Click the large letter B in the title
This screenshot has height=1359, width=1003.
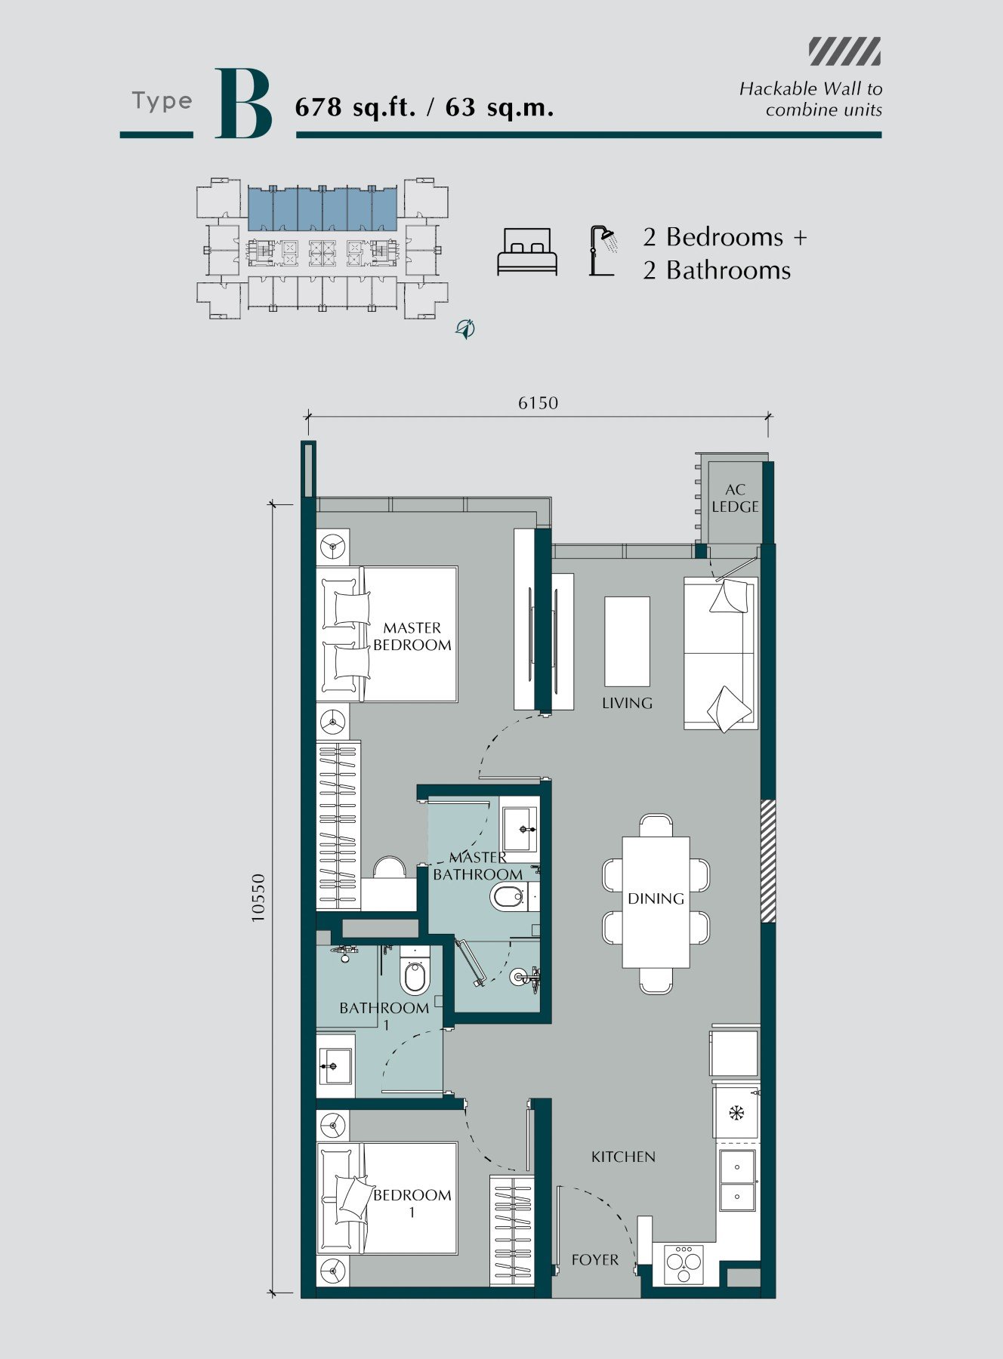(243, 103)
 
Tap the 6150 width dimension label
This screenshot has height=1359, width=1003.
(538, 403)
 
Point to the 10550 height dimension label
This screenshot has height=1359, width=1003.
(258, 898)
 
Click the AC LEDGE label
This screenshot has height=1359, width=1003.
(735, 498)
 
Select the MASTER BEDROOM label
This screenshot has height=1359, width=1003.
(412, 636)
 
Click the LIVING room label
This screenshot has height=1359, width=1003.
(627, 703)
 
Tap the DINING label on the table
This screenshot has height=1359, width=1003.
(656, 898)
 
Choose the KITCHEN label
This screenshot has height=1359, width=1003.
(623, 1157)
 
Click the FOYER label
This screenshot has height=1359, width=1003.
(595, 1259)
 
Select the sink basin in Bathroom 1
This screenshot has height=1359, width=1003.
(333, 1066)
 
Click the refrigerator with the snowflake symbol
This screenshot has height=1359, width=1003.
(736, 1113)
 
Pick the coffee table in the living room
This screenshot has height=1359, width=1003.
(627, 642)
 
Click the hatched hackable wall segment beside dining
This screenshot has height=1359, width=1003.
(767, 861)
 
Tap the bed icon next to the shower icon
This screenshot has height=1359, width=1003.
(527, 251)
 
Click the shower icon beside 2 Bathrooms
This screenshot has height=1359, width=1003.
(603, 251)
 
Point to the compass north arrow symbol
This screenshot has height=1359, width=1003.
(465, 328)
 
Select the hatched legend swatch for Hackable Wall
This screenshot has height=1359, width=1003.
(844, 51)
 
